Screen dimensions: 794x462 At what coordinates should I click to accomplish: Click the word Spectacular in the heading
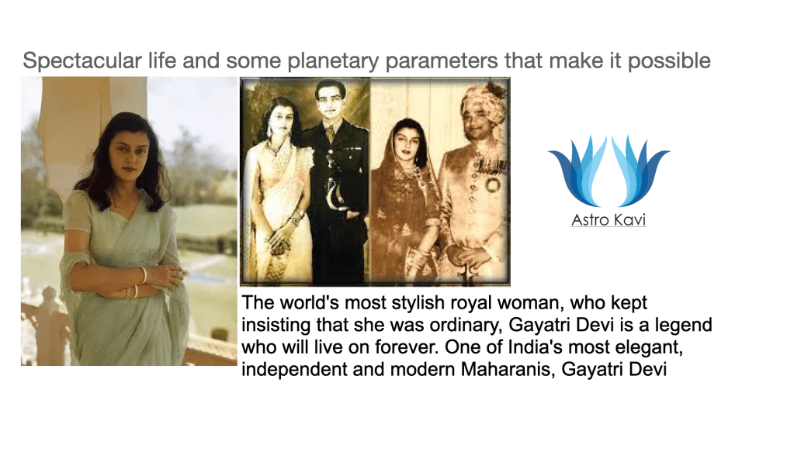pos(82,61)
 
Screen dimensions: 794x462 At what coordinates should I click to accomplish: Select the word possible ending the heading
pos(669,61)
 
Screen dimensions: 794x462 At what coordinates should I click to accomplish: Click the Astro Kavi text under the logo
pos(609,220)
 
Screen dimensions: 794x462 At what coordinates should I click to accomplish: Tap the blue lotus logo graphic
pos(609,171)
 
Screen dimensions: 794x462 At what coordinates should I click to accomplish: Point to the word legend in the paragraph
pos(683,325)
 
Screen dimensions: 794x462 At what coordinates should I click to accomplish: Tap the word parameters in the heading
pos(442,61)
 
